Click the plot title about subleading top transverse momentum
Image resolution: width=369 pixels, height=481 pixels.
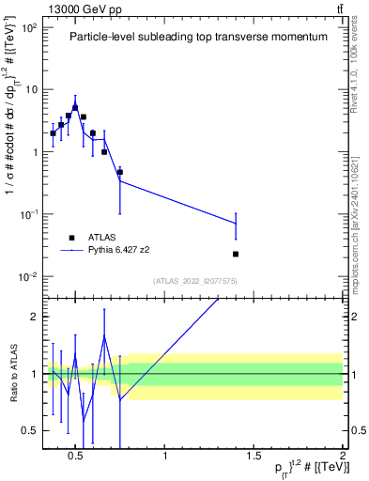[x=198, y=38]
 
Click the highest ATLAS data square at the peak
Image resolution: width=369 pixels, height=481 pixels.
[x=75, y=107]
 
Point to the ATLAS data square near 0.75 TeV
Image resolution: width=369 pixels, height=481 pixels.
[x=120, y=172]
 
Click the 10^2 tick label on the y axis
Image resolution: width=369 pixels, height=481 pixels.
[x=29, y=26]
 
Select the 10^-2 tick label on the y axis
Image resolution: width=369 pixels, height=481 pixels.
[x=29, y=276]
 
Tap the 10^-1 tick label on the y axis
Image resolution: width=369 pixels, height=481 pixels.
[x=29, y=214]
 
